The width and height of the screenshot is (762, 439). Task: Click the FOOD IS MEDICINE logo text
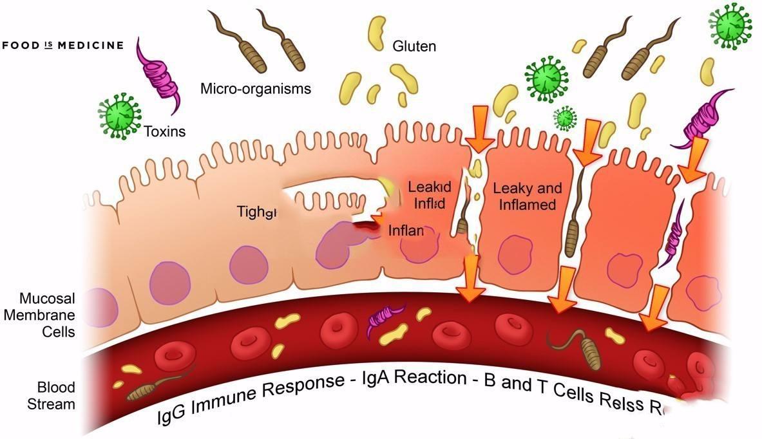(x=62, y=46)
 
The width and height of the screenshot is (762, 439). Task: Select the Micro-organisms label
(x=256, y=88)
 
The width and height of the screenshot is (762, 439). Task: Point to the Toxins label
(x=164, y=132)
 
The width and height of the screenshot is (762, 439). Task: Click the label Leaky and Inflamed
(x=527, y=197)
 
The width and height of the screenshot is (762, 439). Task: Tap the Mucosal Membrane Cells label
(x=47, y=315)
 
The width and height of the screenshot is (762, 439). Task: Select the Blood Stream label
(x=56, y=396)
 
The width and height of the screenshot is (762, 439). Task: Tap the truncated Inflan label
(x=406, y=230)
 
